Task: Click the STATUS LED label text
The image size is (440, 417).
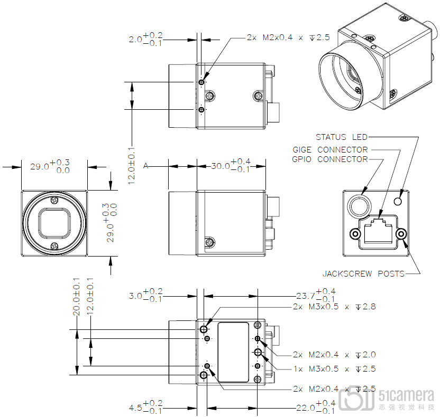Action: pyautogui.click(x=342, y=137)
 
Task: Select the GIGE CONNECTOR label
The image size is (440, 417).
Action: pyautogui.click(x=330, y=150)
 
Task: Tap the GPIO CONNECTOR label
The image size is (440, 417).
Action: pyautogui.click(x=329, y=159)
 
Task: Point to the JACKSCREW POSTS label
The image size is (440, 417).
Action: pyautogui.click(x=363, y=273)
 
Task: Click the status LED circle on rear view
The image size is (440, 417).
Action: pyautogui.click(x=398, y=201)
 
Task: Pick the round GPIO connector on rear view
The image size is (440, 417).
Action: pyautogui.click(x=360, y=206)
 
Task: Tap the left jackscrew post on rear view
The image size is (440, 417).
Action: pyautogui.click(x=355, y=234)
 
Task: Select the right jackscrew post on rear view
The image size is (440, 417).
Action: pyautogui.click(x=401, y=234)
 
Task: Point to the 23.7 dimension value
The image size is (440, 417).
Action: pyautogui.click(x=316, y=296)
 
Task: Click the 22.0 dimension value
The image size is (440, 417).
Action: pyautogui.click(x=316, y=407)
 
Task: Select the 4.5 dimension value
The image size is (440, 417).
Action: pyautogui.click(x=145, y=407)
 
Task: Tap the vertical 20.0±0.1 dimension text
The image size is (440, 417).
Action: pyautogui.click(x=76, y=297)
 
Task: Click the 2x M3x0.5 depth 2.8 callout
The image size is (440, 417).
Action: pyautogui.click(x=334, y=307)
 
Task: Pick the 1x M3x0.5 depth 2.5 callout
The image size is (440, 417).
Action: pyautogui.click(x=334, y=369)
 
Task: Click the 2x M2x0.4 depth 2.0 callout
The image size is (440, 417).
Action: pyautogui.click(x=334, y=355)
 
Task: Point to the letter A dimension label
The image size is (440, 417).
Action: pyautogui.click(x=145, y=166)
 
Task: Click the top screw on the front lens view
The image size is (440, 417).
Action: pyautogui.click(x=54, y=200)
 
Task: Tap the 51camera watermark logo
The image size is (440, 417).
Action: pyautogui.click(x=387, y=400)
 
